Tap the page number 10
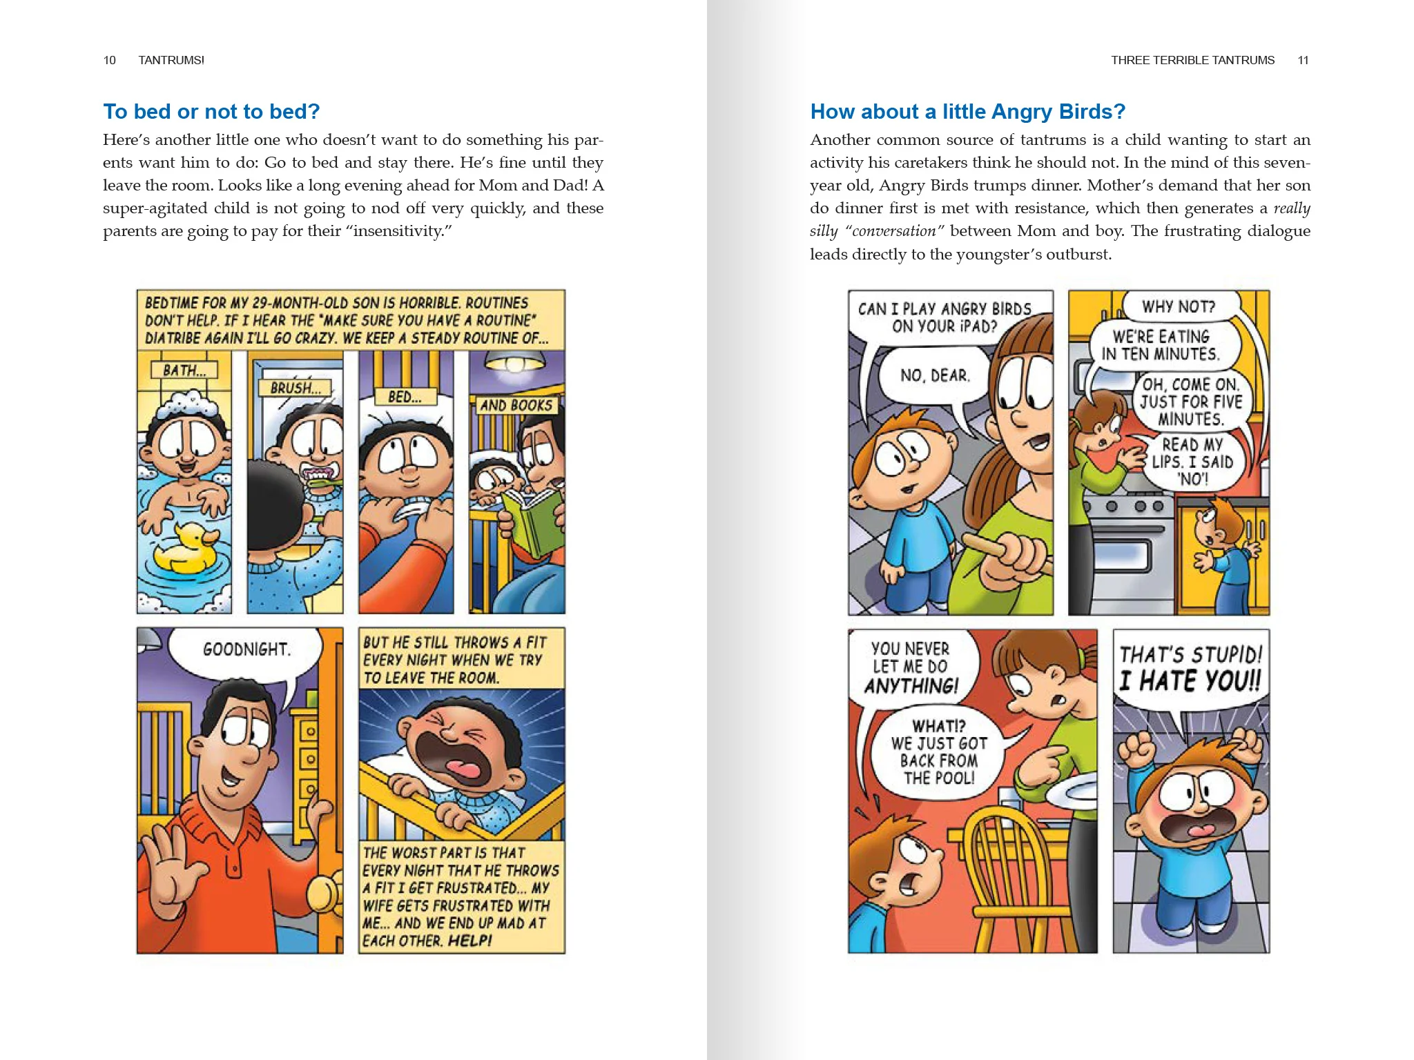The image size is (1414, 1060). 109,60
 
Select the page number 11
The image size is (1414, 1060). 1303,60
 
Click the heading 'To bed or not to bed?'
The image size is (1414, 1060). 211,111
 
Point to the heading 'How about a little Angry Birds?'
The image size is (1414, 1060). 967,111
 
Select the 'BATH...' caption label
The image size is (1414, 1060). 184,370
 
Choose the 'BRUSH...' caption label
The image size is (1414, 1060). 295,388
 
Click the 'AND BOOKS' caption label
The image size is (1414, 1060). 516,405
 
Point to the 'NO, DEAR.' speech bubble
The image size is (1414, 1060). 935,375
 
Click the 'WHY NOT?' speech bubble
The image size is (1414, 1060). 1179,306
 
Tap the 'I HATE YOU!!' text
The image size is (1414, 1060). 1190,681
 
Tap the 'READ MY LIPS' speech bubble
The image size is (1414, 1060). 1192,461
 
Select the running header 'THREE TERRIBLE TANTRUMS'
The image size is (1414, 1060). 1192,60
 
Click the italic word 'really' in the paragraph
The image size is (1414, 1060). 1292,208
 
